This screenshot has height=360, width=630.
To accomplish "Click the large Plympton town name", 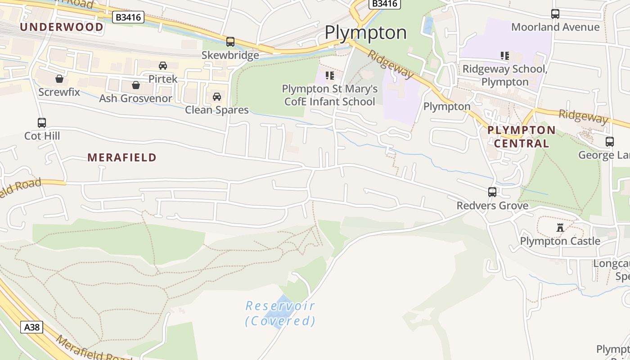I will (x=365, y=32).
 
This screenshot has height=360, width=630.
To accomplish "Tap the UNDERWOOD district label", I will (x=62, y=27).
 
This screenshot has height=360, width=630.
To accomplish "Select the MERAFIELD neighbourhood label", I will (x=122, y=157).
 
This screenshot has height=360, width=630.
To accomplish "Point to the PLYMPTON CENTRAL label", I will (x=522, y=137).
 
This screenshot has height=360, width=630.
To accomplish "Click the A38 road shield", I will (x=31, y=327).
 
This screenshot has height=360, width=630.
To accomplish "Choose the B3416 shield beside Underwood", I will (x=128, y=18).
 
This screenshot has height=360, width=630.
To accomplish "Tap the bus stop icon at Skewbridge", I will (x=230, y=42).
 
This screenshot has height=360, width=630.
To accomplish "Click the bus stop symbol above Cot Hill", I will (x=42, y=122).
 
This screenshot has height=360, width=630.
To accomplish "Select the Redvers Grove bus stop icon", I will (x=492, y=192).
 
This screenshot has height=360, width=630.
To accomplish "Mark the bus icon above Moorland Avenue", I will (x=555, y=14).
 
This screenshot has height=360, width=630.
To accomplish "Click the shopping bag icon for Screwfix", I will (x=59, y=79).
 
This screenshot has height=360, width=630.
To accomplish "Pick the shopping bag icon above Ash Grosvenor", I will (x=136, y=85).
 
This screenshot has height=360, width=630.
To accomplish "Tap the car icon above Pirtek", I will (x=163, y=66).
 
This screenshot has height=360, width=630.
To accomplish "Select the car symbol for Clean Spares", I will (x=217, y=97).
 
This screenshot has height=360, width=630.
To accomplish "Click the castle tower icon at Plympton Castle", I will (x=560, y=228).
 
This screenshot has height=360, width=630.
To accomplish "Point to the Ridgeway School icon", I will (x=505, y=56).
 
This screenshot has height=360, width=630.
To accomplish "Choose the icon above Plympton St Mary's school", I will (x=330, y=76).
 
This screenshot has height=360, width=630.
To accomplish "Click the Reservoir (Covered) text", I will (x=280, y=313).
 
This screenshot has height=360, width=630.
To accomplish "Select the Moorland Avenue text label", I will (x=555, y=27).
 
